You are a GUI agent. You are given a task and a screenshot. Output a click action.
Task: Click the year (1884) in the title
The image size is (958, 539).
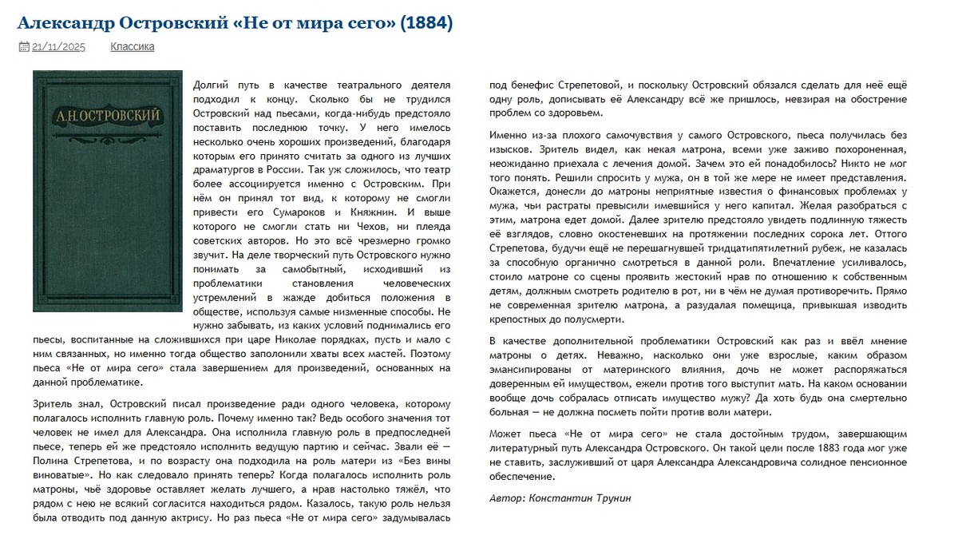pos(427,23)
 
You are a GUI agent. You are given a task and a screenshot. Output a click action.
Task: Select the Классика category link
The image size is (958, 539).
pos(133,47)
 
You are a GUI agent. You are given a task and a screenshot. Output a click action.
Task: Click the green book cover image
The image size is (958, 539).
pos(108,191)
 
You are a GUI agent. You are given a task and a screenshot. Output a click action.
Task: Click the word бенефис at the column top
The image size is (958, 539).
pos(525,85)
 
